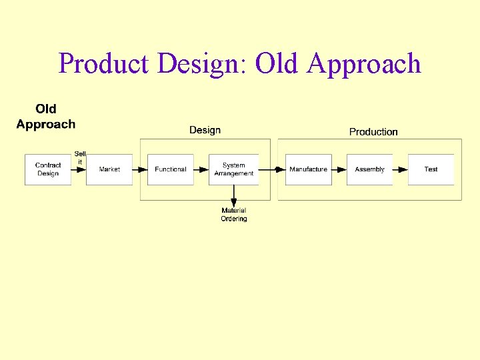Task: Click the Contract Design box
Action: (x=48, y=169)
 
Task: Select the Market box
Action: (x=109, y=169)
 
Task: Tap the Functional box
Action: (x=170, y=169)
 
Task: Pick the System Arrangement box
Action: (x=233, y=169)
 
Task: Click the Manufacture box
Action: (x=308, y=169)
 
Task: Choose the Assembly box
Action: (x=369, y=169)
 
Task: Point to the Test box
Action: (x=431, y=169)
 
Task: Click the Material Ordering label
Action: (x=234, y=215)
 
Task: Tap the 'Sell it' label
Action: (x=80, y=158)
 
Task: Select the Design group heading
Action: (x=205, y=130)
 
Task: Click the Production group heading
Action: (x=373, y=131)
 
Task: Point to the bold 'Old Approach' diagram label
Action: (x=46, y=116)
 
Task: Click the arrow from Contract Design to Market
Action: (x=79, y=169)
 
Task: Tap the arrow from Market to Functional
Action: (x=140, y=169)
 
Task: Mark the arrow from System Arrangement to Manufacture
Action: (x=272, y=169)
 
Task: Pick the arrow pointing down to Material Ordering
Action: (x=234, y=196)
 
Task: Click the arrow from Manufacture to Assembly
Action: (x=339, y=169)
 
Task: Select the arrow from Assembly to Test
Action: (x=400, y=169)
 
